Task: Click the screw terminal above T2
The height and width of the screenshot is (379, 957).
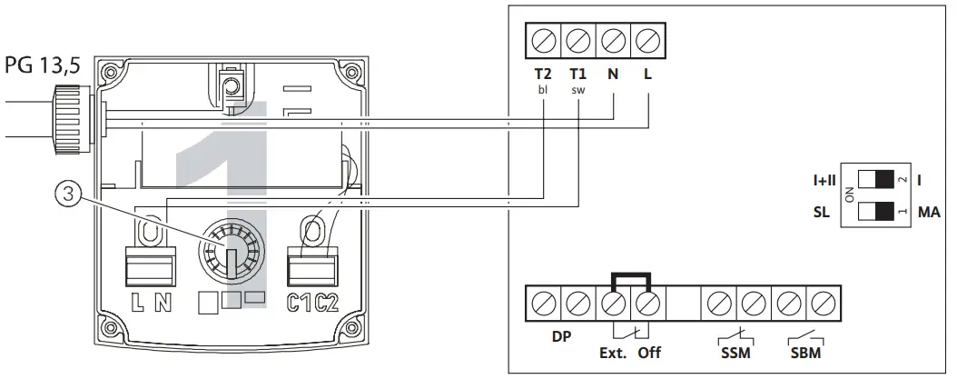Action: tap(544, 42)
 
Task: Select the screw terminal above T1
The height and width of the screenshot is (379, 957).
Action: tap(578, 42)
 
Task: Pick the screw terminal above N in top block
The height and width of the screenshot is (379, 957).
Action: tap(613, 42)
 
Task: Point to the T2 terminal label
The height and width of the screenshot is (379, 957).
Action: tap(544, 75)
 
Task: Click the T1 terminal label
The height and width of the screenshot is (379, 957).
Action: tap(578, 75)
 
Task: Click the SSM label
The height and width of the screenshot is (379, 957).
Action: tap(736, 353)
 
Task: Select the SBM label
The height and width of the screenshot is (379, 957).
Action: tap(805, 353)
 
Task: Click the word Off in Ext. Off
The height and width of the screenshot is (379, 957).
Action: tap(649, 353)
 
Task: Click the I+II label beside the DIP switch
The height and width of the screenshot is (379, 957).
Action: tap(826, 180)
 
